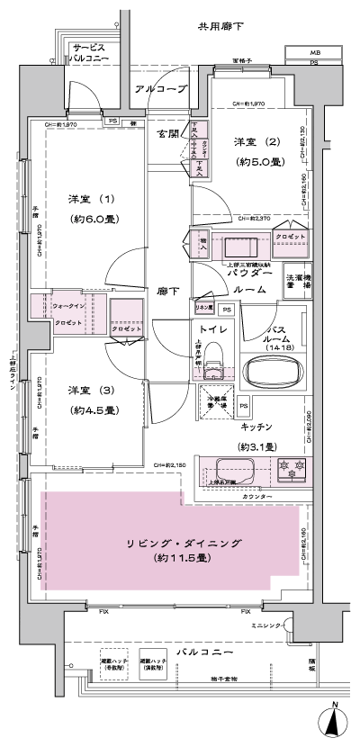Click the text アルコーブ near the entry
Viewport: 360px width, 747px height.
pyautogui.click(x=160, y=90)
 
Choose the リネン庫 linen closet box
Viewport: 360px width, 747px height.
pyautogui.click(x=204, y=309)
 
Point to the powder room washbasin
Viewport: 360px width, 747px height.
pyautogui.click(x=239, y=247)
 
